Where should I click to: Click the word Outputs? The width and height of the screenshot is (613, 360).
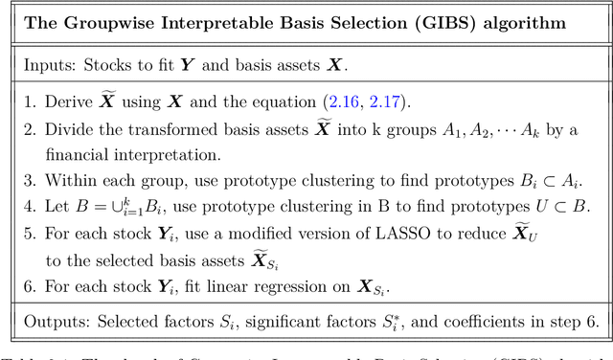[54, 322]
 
